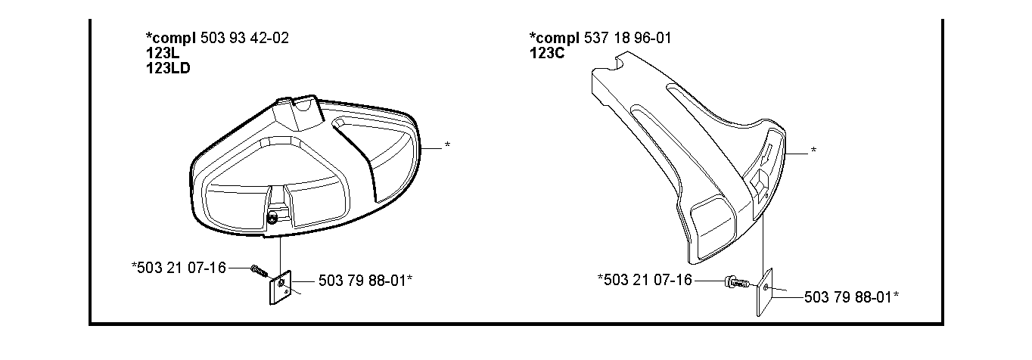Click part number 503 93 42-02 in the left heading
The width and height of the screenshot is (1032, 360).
click(x=244, y=38)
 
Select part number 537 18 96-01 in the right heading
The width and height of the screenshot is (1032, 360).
click(x=627, y=38)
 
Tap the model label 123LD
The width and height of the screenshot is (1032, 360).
click(x=168, y=68)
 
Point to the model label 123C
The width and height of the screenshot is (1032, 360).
click(x=547, y=53)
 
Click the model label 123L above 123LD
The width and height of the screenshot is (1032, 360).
click(x=163, y=53)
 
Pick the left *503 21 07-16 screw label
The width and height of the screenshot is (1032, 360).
click(x=179, y=268)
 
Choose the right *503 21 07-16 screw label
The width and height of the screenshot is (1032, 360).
click(x=645, y=279)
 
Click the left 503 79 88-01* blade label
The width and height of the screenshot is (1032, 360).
click(x=365, y=281)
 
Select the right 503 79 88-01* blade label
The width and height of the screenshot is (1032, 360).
click(x=851, y=297)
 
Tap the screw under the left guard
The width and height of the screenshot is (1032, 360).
click(x=260, y=270)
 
